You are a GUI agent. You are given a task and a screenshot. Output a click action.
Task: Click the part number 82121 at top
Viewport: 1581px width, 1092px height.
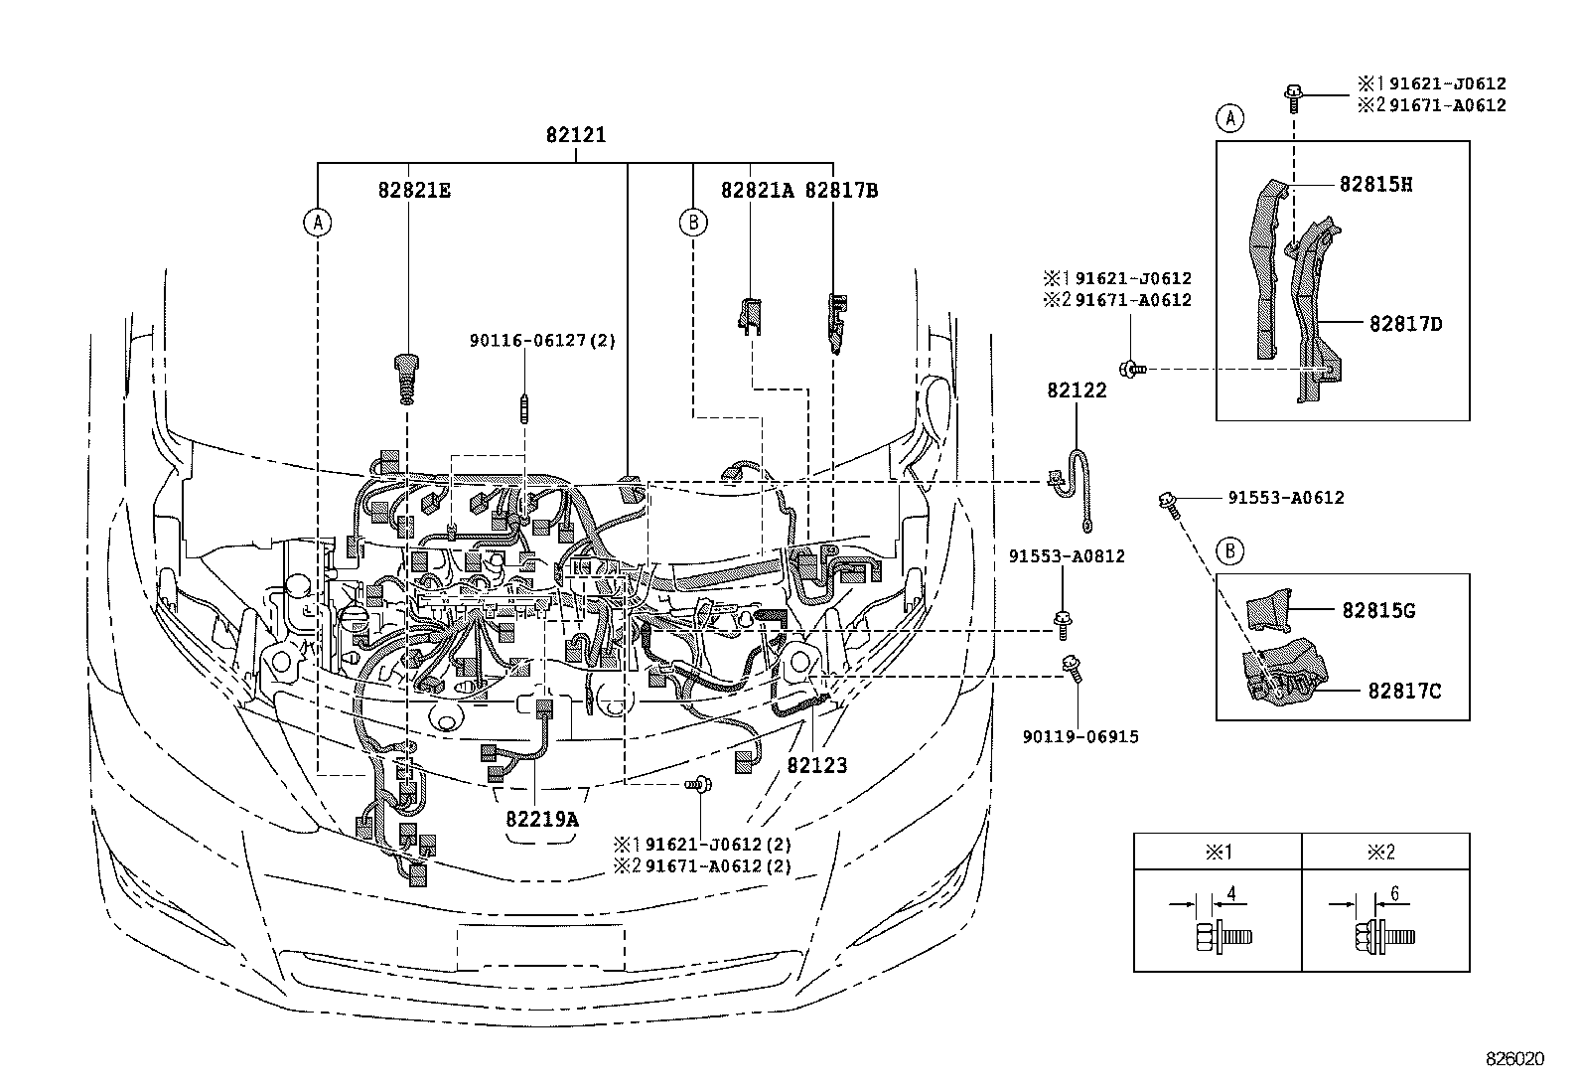point(575,135)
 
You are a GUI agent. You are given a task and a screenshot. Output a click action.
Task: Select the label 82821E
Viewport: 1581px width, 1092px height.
point(413,190)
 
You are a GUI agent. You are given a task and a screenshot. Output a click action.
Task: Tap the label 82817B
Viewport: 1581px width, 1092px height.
point(840,190)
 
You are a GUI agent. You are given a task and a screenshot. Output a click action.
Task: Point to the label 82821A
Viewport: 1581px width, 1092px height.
point(758,190)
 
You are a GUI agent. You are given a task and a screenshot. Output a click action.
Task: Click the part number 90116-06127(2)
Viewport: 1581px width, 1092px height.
point(542,341)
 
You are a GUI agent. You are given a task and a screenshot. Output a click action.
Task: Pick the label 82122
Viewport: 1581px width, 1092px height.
point(1076,390)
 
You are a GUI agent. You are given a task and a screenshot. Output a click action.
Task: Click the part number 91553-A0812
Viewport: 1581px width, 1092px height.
point(1067,556)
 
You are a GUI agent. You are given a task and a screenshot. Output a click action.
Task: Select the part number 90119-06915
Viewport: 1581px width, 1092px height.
point(1080,736)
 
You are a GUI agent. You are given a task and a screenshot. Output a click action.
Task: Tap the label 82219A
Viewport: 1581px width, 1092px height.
point(541,820)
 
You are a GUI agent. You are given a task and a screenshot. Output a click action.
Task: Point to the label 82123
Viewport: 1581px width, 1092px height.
point(817,765)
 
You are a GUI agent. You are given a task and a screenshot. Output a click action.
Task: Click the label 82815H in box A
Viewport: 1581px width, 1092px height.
point(1375,184)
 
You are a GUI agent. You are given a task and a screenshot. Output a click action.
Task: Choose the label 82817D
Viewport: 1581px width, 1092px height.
point(1405,323)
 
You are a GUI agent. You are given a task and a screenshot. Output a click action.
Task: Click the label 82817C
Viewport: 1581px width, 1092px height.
point(1403,690)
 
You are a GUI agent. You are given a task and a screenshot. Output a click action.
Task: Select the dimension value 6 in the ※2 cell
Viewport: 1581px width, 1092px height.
point(1393,894)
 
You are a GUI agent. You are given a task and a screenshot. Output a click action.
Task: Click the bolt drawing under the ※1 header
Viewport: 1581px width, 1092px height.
point(1221,935)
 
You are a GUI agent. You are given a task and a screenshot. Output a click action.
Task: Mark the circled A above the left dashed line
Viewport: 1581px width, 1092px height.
point(318,222)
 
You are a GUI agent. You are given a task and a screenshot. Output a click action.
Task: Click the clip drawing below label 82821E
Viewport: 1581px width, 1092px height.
point(405,377)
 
